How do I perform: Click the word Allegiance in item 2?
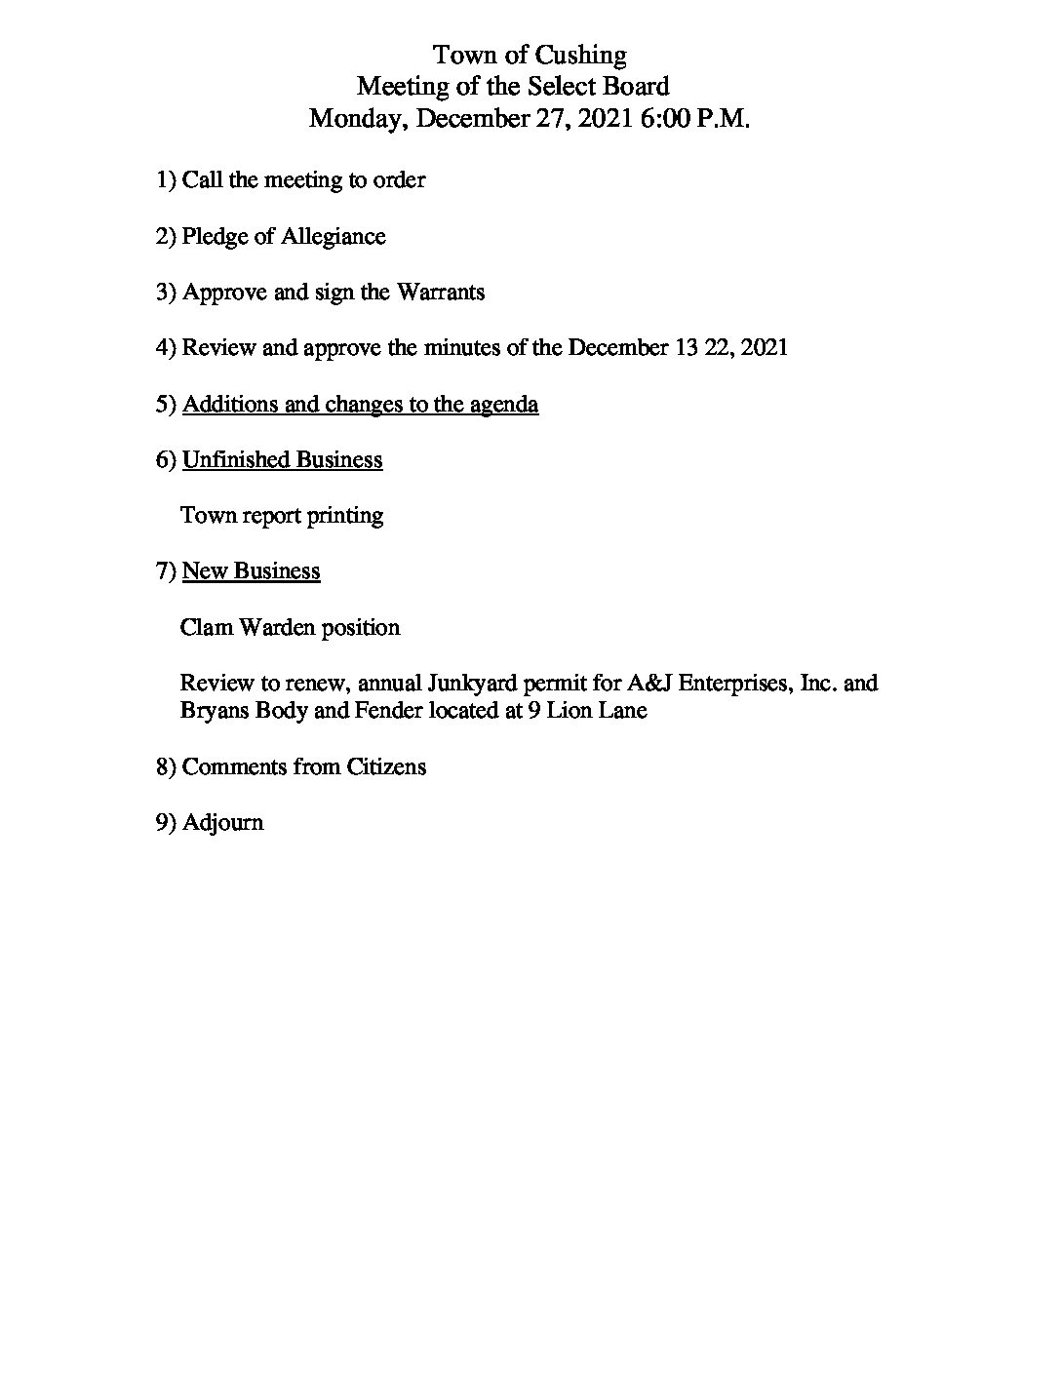[334, 237]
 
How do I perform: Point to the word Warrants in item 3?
[440, 293]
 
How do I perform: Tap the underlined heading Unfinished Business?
[282, 459]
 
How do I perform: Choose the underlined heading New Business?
[251, 570]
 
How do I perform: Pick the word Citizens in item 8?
[386, 766]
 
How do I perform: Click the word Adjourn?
[222, 823]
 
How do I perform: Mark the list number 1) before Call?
[166, 180]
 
